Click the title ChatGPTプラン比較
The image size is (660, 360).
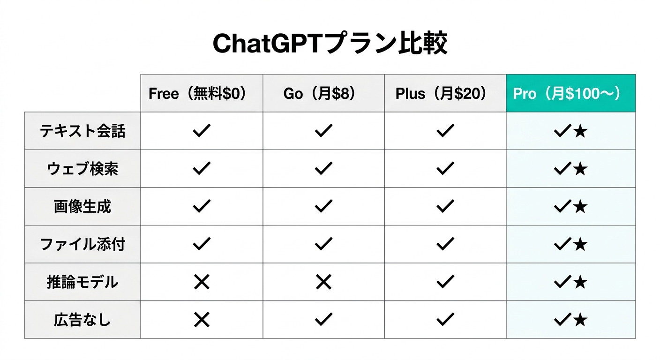[330, 44]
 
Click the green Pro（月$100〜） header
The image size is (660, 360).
[571, 93]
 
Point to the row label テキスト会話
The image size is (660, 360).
[82, 131]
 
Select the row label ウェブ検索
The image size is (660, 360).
[82, 169]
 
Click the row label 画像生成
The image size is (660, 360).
[82, 207]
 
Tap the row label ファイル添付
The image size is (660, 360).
[82, 244]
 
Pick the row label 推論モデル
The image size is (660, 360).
[82, 282]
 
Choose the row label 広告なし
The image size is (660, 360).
[82, 320]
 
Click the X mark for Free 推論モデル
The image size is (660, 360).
[202, 282]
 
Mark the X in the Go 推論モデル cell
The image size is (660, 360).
[323, 282]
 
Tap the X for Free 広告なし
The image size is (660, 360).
[202, 320]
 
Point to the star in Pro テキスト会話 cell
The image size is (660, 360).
[580, 132]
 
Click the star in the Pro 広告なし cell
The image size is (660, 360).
[580, 320]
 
